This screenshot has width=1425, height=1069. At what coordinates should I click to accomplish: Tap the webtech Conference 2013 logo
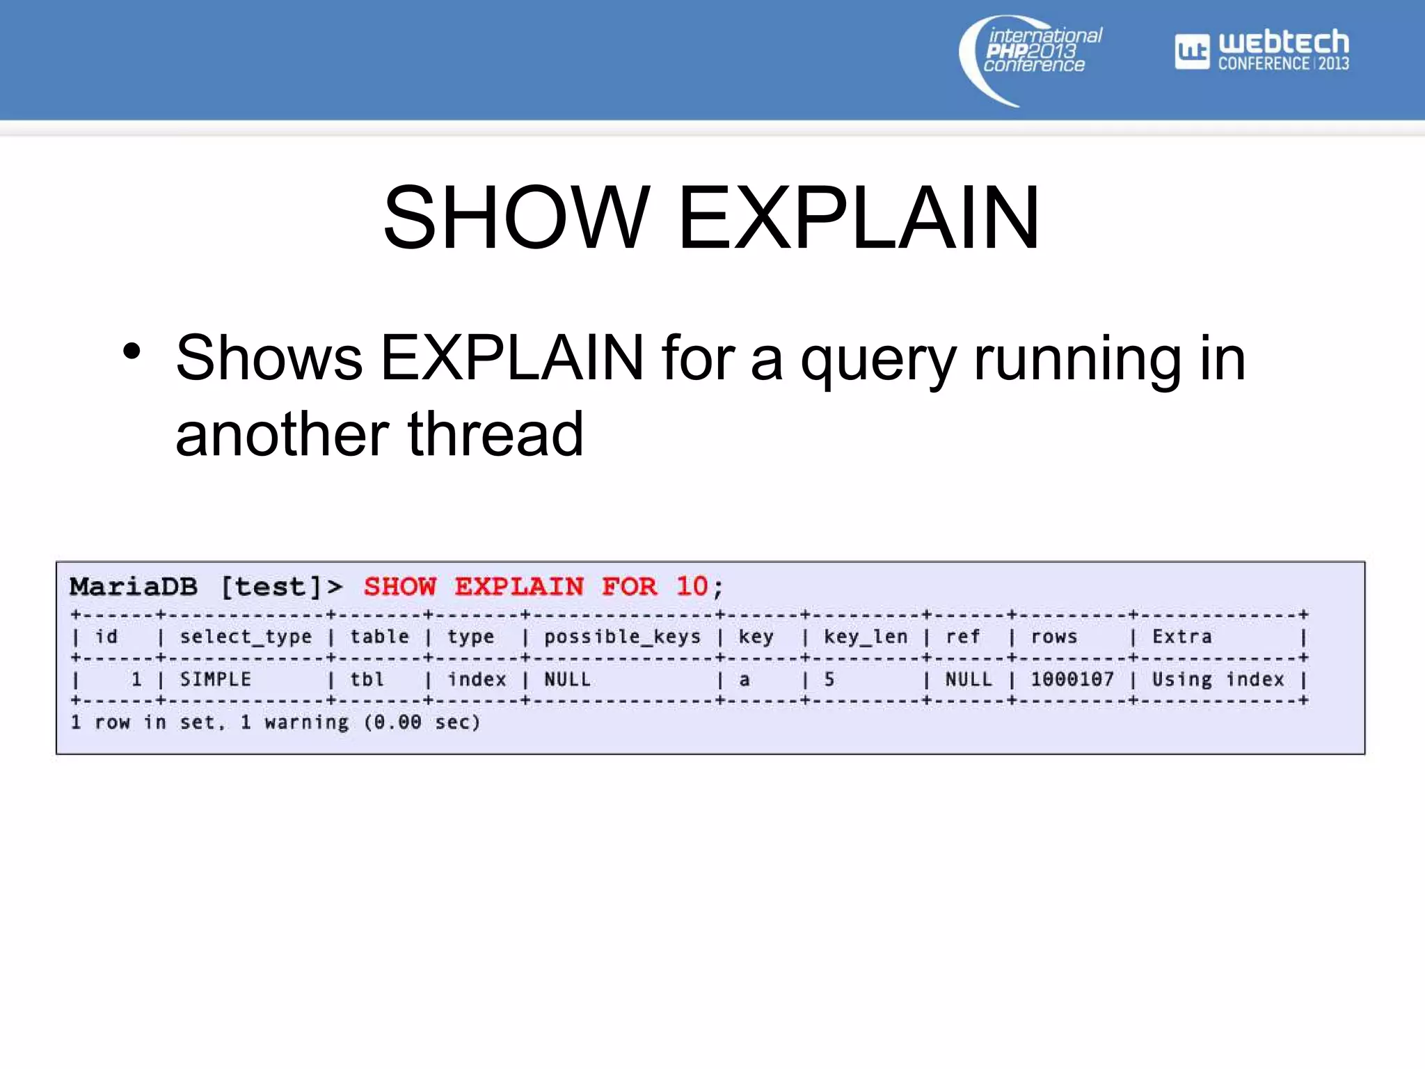[1262, 50]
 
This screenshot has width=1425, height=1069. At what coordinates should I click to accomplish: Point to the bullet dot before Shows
[132, 351]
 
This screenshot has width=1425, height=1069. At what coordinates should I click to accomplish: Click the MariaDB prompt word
[134, 587]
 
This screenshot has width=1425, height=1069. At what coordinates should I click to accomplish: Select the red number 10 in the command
[692, 587]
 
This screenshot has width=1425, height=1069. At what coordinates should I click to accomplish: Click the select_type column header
[246, 637]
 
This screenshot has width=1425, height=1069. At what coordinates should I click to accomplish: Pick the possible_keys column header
[622, 637]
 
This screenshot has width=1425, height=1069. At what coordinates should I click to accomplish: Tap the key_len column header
[866, 637]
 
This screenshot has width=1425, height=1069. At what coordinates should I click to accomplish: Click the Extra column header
[1181, 637]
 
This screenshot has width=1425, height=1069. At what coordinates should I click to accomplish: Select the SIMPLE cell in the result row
[216, 679]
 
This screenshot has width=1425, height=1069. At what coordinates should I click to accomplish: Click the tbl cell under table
[367, 679]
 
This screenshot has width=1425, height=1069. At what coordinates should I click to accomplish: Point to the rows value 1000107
[1072, 679]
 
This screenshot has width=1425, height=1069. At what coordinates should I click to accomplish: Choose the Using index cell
[1218, 679]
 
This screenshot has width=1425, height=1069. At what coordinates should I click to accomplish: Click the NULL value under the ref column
[968, 679]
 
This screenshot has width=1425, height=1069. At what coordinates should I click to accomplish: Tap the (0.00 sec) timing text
[422, 722]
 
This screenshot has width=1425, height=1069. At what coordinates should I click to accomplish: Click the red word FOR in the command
[629, 587]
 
